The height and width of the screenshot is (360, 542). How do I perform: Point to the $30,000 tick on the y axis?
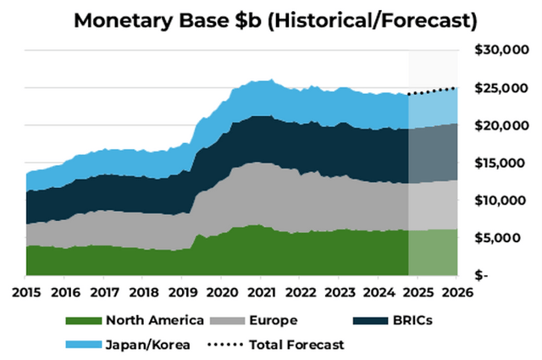click(x=500, y=51)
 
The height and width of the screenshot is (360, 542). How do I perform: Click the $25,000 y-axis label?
click(x=500, y=88)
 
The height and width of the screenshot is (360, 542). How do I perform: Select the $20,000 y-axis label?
click(x=500, y=125)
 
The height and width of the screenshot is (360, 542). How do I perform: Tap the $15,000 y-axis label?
click(x=500, y=163)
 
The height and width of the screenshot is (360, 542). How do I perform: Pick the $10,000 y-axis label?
click(x=500, y=200)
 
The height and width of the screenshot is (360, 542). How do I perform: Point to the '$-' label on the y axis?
click(x=480, y=275)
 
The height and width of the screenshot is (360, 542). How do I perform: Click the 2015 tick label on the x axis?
click(x=25, y=293)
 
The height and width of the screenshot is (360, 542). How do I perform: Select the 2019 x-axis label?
click(x=182, y=293)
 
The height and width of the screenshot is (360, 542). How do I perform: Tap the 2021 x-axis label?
click(x=260, y=293)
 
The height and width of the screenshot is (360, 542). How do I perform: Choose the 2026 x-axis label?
click(x=456, y=293)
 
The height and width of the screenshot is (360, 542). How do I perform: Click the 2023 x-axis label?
click(x=339, y=293)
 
